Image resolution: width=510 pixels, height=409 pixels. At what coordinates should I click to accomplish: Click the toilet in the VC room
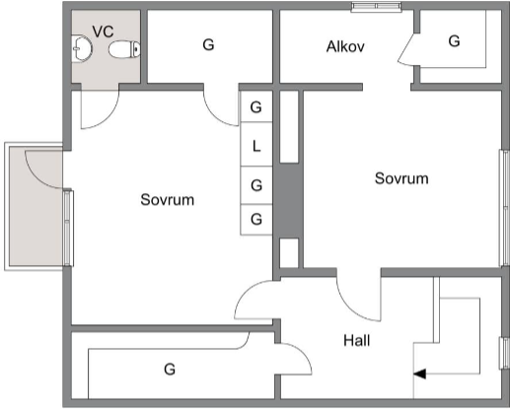124,50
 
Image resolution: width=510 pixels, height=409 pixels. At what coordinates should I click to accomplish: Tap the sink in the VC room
81,49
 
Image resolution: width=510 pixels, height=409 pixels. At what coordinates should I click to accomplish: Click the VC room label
103,32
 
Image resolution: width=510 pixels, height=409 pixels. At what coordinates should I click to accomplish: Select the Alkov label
345,46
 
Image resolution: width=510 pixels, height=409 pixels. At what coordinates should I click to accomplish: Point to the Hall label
357,340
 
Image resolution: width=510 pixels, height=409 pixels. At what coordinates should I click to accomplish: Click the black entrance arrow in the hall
419,374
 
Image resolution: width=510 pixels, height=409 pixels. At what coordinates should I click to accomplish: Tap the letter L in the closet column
256,146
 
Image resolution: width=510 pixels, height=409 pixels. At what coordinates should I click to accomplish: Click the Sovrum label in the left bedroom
167,200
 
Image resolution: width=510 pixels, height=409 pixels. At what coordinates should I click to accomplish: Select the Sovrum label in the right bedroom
401,178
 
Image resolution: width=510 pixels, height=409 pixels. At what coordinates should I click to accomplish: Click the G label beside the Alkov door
454,41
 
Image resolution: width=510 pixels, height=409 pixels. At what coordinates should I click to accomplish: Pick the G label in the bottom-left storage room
170,370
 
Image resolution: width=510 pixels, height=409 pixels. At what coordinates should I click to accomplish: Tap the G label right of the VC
208,44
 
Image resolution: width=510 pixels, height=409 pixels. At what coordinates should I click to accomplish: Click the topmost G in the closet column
256,107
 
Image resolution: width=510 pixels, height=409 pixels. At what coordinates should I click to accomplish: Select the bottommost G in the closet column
256,219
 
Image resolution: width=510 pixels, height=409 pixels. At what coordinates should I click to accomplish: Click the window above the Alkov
377,7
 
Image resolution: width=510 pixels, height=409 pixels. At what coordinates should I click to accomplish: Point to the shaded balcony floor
36,206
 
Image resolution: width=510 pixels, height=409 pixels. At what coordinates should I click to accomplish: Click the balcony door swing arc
39,175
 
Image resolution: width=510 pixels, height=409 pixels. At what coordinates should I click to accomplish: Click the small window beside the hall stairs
504,353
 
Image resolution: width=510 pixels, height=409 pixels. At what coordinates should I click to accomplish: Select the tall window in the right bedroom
504,208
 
